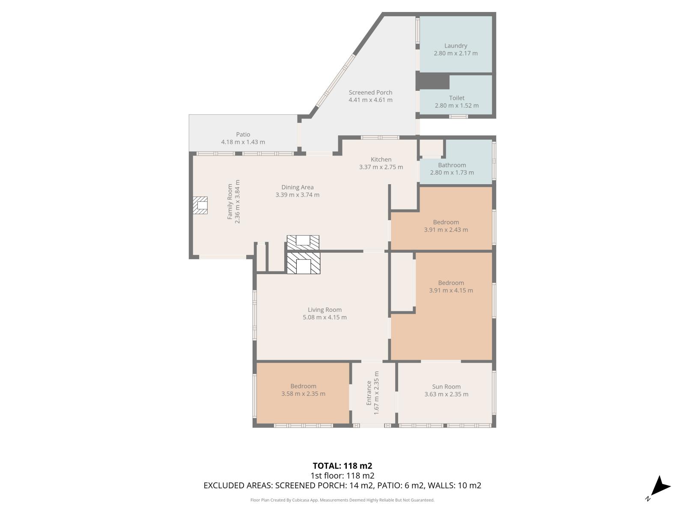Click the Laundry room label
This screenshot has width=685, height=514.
pyautogui.click(x=456, y=45)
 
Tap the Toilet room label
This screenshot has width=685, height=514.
pyautogui.click(x=456, y=98)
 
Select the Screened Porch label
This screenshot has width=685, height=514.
pyautogui.click(x=370, y=93)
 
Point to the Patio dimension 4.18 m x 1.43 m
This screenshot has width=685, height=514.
pyautogui.click(x=243, y=142)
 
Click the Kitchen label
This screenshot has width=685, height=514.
pyautogui.click(x=381, y=159)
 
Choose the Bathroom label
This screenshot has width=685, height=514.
pyautogui.click(x=452, y=165)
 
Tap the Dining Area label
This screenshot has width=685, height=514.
pyautogui.click(x=298, y=187)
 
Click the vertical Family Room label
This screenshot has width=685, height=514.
pyautogui.click(x=230, y=202)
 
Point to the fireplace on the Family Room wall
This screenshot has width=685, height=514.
pyautogui.click(x=200, y=205)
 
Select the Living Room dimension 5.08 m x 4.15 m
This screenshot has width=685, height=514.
pyautogui.click(x=325, y=317)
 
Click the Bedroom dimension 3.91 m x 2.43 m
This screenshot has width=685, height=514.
pyautogui.click(x=446, y=230)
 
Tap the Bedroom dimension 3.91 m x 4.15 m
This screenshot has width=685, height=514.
pyautogui.click(x=451, y=290)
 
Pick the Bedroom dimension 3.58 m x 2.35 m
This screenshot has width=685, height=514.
pyautogui.click(x=304, y=394)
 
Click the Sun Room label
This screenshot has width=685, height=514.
pyautogui.click(x=446, y=387)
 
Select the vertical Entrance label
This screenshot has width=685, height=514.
pyautogui.click(x=369, y=393)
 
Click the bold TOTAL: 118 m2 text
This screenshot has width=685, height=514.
pyautogui.click(x=342, y=466)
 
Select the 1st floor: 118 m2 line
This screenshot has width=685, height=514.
pyautogui.click(x=342, y=475)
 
